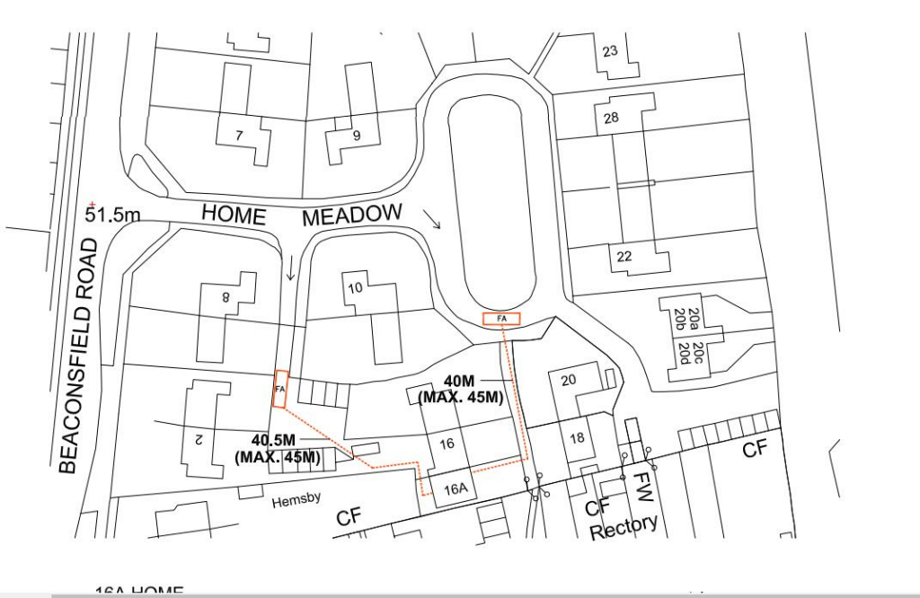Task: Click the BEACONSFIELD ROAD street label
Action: click(74, 356)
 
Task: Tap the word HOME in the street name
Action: click(234, 215)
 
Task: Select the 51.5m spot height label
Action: click(114, 215)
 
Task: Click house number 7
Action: click(239, 136)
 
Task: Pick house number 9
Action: click(357, 136)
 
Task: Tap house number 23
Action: click(610, 51)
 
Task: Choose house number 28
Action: click(612, 119)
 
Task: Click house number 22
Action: click(624, 257)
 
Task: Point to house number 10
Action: click(355, 288)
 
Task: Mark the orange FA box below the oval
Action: click(500, 319)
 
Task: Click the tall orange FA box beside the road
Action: click(280, 390)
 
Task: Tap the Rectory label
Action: click(624, 526)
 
